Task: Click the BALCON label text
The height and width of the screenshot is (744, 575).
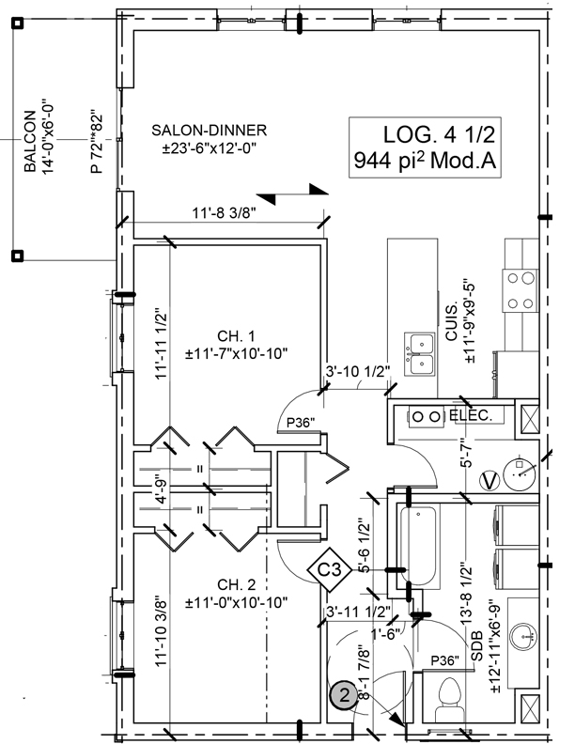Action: [x=31, y=142]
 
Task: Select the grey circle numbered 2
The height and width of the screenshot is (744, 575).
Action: [x=344, y=696]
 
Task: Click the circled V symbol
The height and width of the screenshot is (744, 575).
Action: [x=489, y=479]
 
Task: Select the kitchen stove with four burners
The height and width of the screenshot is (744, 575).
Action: [x=516, y=290]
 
